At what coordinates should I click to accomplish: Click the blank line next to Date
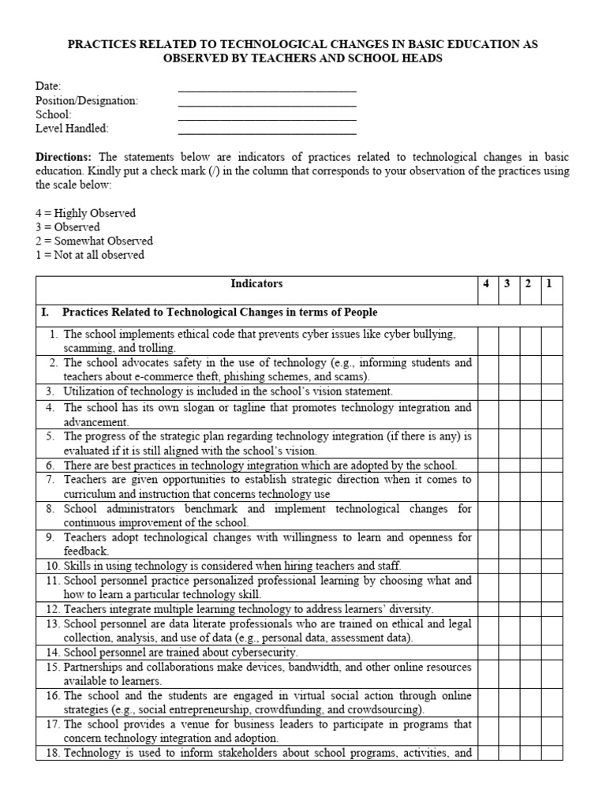(x=267, y=88)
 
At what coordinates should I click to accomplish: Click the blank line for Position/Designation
(x=267, y=103)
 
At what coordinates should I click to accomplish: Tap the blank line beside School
(x=267, y=117)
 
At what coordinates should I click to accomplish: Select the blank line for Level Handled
(x=267, y=131)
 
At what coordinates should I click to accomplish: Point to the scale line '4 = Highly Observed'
(x=85, y=213)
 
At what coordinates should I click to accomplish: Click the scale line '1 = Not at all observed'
(x=90, y=255)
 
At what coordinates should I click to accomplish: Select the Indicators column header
(x=256, y=284)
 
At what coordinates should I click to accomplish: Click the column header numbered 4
(x=488, y=284)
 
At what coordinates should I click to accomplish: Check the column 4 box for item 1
(x=488, y=341)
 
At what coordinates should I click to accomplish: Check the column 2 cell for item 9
(x=530, y=544)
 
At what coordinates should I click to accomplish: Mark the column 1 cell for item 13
(x=552, y=631)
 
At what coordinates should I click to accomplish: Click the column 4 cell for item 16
(x=488, y=702)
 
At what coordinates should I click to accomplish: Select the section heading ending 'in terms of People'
(x=219, y=312)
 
